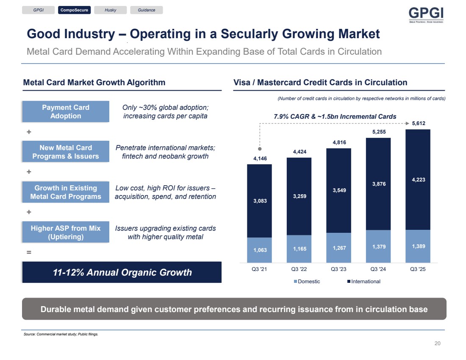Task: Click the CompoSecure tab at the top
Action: pyautogui.click(x=74, y=10)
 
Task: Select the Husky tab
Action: pyautogui.click(x=110, y=10)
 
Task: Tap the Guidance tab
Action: pyautogui.click(x=147, y=10)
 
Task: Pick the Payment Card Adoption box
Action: pyautogui.click(x=66, y=112)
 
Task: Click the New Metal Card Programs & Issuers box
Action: pyautogui.click(x=66, y=152)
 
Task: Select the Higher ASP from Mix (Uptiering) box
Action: pyautogui.click(x=66, y=232)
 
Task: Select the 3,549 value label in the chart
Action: pyautogui.click(x=338, y=190)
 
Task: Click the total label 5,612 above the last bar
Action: pyautogui.click(x=418, y=123)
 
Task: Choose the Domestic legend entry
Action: pyautogui.click(x=307, y=282)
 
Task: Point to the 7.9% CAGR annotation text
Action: pyautogui.click(x=335, y=116)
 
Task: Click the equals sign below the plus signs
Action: pyautogui.click(x=29, y=252)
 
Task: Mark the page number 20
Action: pyautogui.click(x=438, y=343)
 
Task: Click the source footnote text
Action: pyautogui.click(x=61, y=334)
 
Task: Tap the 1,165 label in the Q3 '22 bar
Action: pyautogui.click(x=299, y=248)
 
